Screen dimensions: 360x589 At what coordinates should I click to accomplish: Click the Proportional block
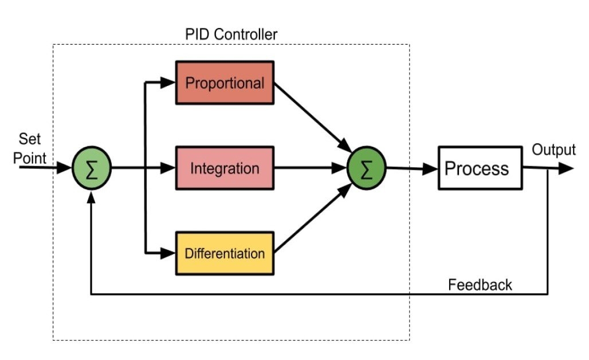click(x=225, y=83)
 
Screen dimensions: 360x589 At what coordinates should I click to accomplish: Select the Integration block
click(x=225, y=169)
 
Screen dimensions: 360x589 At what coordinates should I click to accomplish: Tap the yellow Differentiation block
click(x=225, y=253)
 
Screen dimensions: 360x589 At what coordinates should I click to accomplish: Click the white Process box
click(x=480, y=168)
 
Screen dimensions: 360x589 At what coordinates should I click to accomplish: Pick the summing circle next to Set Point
click(x=91, y=169)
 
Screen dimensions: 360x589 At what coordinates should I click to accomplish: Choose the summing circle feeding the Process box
click(x=367, y=169)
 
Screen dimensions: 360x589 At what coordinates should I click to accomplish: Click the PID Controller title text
click(x=231, y=34)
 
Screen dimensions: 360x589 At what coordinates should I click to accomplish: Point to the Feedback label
click(x=480, y=284)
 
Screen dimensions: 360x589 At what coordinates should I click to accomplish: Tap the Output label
click(x=553, y=150)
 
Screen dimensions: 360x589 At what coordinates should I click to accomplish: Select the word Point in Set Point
click(x=30, y=158)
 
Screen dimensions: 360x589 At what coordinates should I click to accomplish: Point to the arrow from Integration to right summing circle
click(x=309, y=169)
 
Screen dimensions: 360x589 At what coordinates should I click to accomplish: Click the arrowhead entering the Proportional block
click(x=168, y=83)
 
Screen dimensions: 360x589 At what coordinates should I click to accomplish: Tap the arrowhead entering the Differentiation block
click(x=168, y=252)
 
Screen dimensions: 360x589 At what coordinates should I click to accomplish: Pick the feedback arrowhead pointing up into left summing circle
click(x=91, y=197)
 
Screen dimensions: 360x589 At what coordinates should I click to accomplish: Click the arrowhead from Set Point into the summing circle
click(x=65, y=169)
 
